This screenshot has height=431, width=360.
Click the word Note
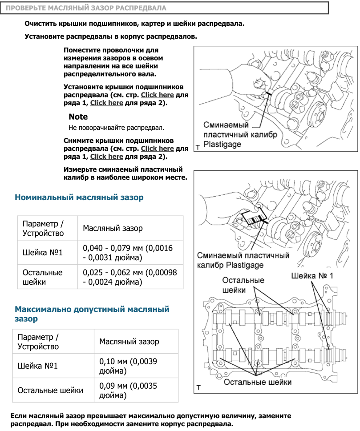[78, 117]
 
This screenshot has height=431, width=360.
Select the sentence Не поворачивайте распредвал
[117, 128]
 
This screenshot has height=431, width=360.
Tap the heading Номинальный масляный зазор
[79, 197]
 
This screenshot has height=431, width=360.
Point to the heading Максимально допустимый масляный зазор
[92, 314]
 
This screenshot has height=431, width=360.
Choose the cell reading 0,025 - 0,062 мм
[130, 277]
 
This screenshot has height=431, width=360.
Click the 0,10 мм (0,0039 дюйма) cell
[128, 366]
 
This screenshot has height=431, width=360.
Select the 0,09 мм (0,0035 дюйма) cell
[128, 391]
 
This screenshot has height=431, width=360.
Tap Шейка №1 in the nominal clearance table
[43, 253]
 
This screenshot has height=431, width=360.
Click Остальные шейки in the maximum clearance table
[50, 391]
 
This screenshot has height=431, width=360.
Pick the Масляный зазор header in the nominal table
[113, 228]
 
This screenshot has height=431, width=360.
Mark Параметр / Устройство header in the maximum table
[38, 342]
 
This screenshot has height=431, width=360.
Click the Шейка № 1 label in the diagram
[312, 276]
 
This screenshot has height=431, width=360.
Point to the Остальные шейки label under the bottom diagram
[258, 382]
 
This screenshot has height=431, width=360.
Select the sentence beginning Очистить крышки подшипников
[134, 24]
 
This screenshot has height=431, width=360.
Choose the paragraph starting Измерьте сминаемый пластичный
[125, 173]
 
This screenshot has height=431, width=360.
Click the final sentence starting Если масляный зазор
[151, 420]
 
